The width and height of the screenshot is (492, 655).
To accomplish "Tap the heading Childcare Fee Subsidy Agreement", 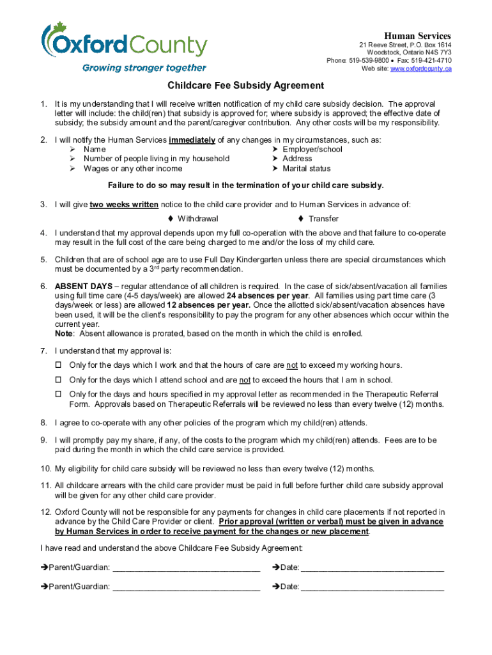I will click(x=245, y=86).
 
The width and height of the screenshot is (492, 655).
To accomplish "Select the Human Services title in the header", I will click(x=417, y=36).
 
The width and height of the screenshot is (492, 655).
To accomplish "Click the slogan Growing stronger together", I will click(x=144, y=68).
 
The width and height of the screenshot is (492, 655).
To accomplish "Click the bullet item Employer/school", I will click(x=312, y=150).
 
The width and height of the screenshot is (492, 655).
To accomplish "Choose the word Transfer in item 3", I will click(x=323, y=219).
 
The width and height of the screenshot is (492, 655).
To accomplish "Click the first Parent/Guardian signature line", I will click(x=186, y=567).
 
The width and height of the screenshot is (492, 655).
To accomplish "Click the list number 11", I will click(x=45, y=486).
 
